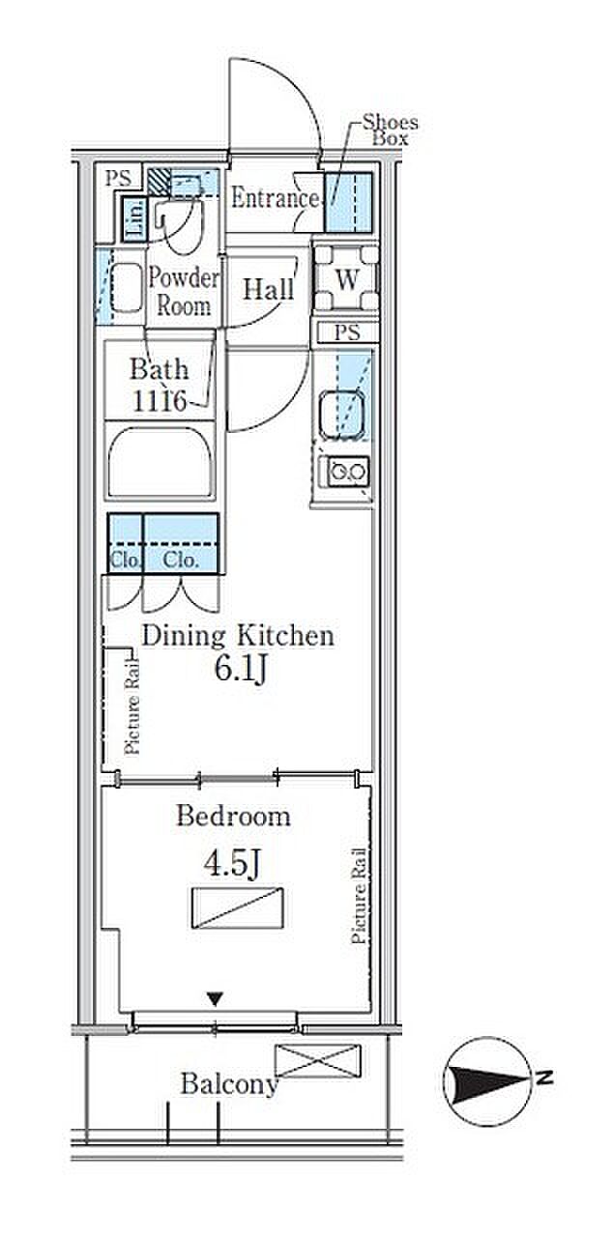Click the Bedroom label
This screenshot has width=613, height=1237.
tap(234, 817)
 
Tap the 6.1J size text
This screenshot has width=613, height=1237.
tap(241, 670)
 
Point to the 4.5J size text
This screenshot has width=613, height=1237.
tap(232, 864)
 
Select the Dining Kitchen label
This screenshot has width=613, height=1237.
tap(238, 636)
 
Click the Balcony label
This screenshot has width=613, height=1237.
tap(228, 1084)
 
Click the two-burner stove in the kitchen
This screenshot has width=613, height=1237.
tap(348, 472)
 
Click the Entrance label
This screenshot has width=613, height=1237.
tap(275, 198)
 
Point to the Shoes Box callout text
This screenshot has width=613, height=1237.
tap(390, 130)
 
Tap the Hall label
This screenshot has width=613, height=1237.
tap(269, 289)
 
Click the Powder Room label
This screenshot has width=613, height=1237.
tap(184, 291)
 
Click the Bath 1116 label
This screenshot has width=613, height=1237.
tap(159, 385)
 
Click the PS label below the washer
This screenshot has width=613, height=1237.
tap(347, 332)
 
